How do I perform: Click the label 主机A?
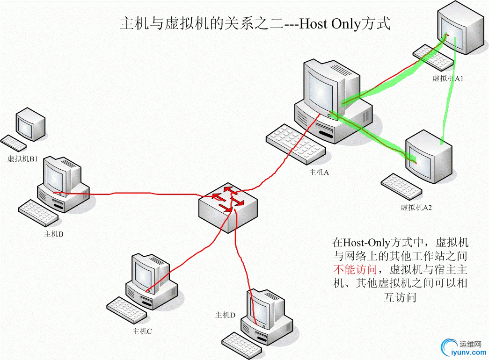319,172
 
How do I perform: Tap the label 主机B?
53,234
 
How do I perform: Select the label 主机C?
142,331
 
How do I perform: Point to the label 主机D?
225,315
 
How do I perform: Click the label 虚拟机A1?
448,79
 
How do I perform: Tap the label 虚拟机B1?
22,159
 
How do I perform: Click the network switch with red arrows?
227,206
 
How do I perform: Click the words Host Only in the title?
329,23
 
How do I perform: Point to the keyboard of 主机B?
38,212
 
